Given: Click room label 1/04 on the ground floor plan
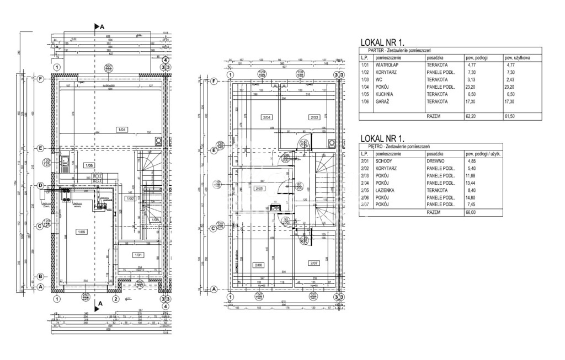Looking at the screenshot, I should (121, 130).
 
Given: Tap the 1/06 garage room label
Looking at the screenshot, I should (82, 232).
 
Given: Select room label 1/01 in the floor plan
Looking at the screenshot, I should (138, 255).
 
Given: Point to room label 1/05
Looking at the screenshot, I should (88, 165).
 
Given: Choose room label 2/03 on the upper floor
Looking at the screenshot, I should (315, 117).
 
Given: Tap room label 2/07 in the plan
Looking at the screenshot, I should (314, 262).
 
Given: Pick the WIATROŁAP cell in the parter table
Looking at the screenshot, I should (387, 65).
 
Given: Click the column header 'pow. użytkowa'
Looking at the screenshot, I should (517, 57).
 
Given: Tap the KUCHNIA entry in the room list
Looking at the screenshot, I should (385, 94).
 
